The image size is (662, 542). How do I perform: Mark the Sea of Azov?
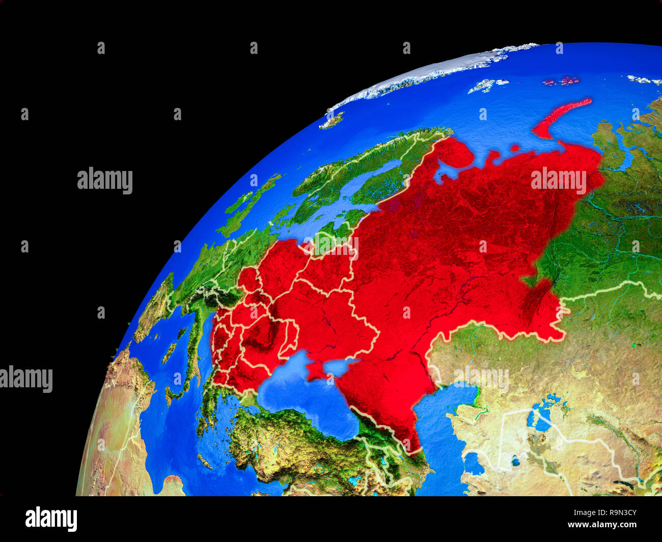pyautogui.click(x=339, y=365)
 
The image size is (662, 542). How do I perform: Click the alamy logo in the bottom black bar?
pyautogui.click(x=51, y=519)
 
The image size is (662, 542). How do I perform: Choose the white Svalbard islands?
pyautogui.click(x=486, y=85)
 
